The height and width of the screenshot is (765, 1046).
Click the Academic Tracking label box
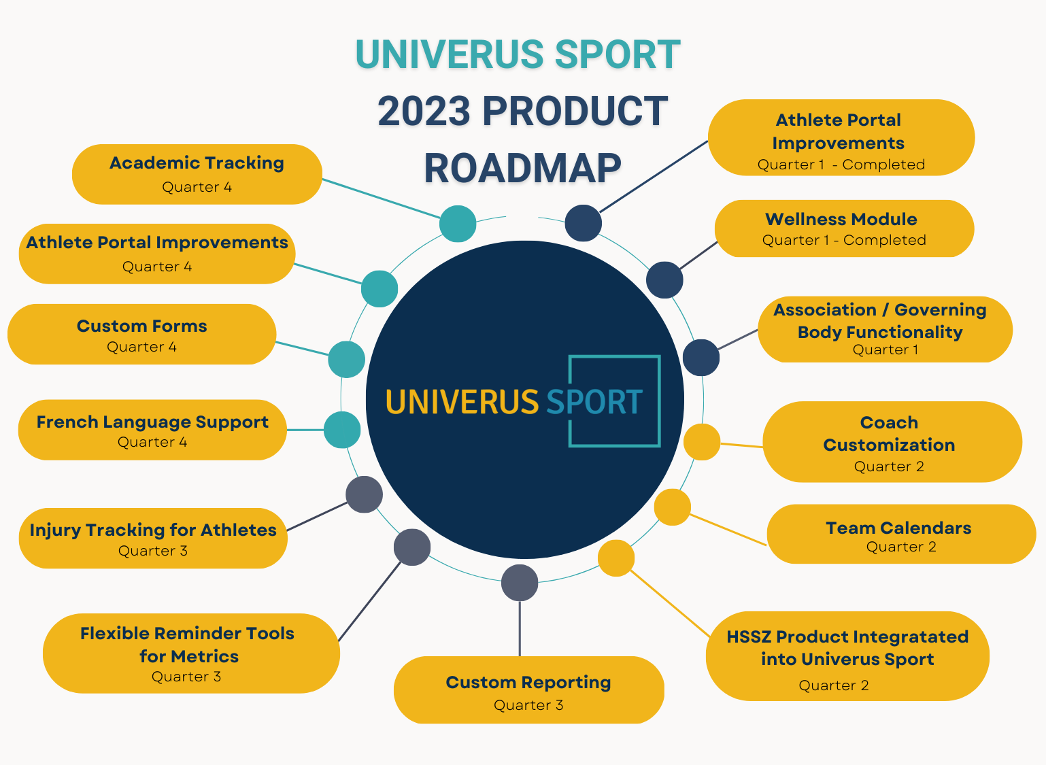197,174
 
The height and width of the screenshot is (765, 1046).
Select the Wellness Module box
844,228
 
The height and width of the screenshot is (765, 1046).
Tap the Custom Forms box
141,335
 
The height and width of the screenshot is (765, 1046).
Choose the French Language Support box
152,430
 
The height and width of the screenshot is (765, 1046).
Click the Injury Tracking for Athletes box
153,538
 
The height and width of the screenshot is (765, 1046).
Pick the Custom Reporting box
528,690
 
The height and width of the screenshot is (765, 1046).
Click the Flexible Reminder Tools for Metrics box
190,653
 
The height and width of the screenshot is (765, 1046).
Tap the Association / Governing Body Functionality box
884,329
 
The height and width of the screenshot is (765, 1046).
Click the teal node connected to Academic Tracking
458,224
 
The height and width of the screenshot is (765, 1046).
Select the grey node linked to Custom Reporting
520,583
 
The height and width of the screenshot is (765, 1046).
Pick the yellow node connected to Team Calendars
673,507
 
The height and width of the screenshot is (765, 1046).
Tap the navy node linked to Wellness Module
664,279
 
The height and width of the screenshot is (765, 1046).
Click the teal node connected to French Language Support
342,430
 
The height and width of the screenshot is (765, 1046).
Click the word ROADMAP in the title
522,168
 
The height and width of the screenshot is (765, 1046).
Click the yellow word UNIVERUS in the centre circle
462,402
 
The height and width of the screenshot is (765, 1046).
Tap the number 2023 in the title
423,112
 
